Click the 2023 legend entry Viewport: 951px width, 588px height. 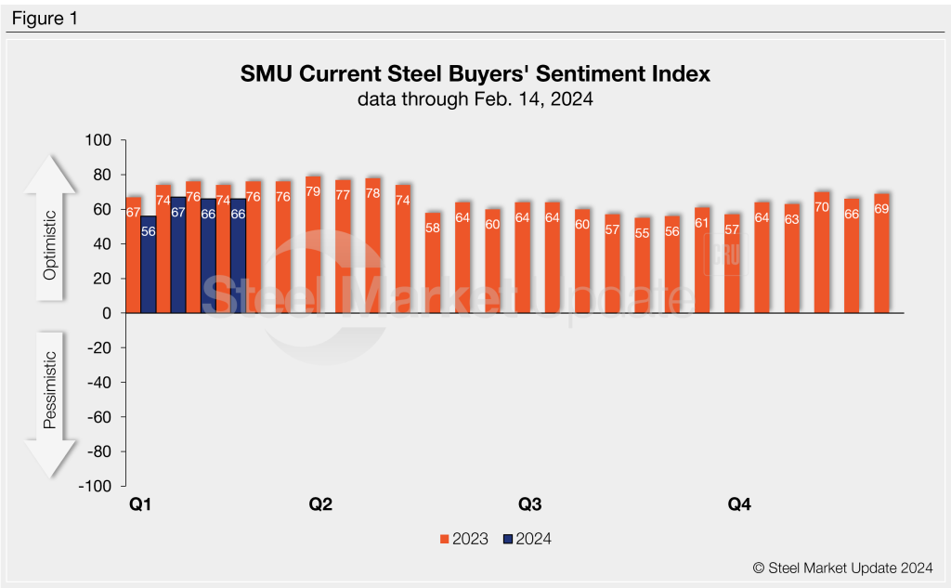pos(463,539)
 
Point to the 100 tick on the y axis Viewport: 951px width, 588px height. pos(98,140)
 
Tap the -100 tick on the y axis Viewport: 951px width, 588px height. pos(96,486)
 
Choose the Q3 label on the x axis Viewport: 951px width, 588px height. pos(529,505)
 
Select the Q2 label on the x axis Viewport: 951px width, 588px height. pos(320,505)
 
